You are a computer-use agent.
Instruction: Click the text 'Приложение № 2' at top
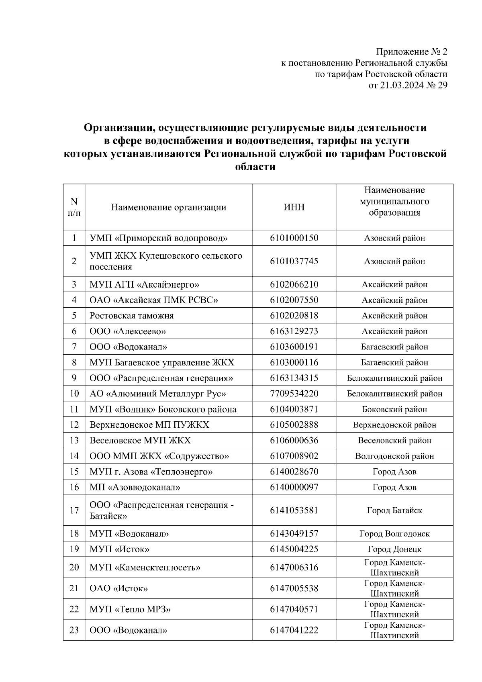[x=411, y=52]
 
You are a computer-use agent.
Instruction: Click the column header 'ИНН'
[x=294, y=207]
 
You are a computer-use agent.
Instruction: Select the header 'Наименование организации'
[x=169, y=207]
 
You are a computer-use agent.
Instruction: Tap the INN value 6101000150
[x=294, y=238]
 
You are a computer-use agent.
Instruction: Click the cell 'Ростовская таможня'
[x=132, y=316]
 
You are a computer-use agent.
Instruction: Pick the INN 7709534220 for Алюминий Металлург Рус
[x=294, y=394]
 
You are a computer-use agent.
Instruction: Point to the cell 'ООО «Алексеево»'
[x=128, y=331]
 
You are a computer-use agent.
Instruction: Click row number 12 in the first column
[x=74, y=425]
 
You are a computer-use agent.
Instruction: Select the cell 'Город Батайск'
[x=394, y=510]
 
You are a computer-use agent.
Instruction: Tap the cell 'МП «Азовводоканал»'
[x=135, y=487]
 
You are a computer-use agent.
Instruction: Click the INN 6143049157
[x=294, y=534]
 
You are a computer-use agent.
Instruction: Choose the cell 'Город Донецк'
[x=394, y=549]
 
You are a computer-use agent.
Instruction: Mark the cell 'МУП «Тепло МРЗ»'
[x=130, y=609]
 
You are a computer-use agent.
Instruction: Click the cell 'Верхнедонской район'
[x=394, y=425]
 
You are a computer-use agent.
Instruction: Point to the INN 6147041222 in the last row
[x=294, y=630]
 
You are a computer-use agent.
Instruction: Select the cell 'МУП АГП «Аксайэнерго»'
[x=145, y=285]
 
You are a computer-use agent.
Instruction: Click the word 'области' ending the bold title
[x=255, y=167]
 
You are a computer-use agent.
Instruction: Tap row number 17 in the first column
[x=74, y=510]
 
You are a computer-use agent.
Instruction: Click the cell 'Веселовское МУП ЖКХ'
[x=140, y=441]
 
